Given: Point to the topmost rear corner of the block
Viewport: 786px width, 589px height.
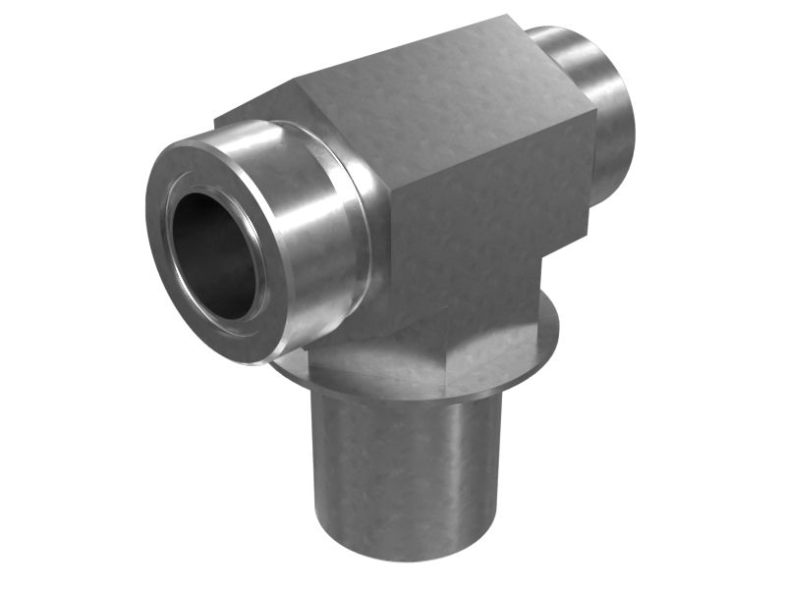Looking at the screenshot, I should [x=511, y=17].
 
